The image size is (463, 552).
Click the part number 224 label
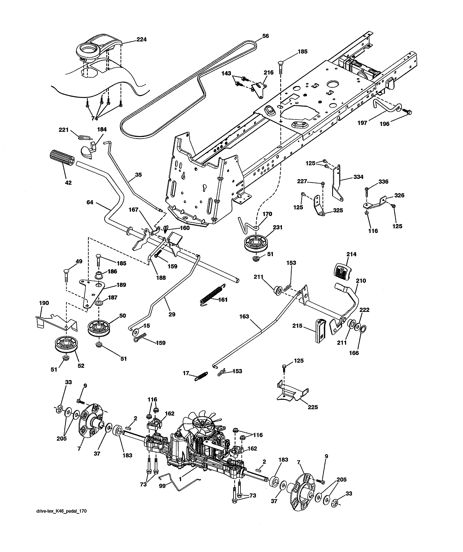coord(141,40)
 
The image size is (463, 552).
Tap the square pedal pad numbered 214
coord(344,272)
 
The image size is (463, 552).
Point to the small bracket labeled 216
coord(259,89)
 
